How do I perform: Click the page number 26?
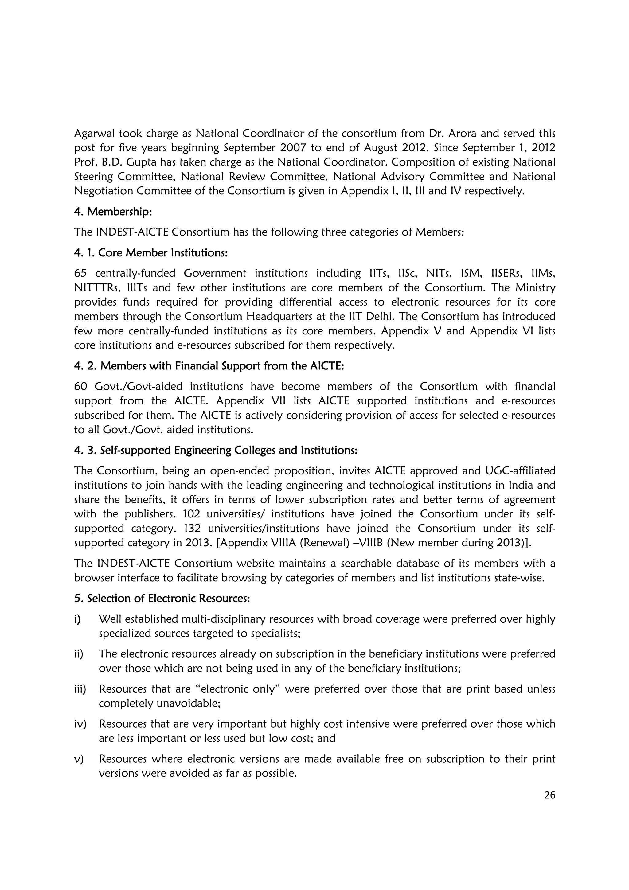click(549, 795)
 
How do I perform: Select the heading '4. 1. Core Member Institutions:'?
click(151, 253)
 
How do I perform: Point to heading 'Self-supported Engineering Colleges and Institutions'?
click(229, 451)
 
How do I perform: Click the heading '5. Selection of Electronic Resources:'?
click(162, 599)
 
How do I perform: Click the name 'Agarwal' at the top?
click(93, 134)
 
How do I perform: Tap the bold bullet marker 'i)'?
click(77, 619)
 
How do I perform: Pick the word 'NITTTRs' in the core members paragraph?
click(93, 288)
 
